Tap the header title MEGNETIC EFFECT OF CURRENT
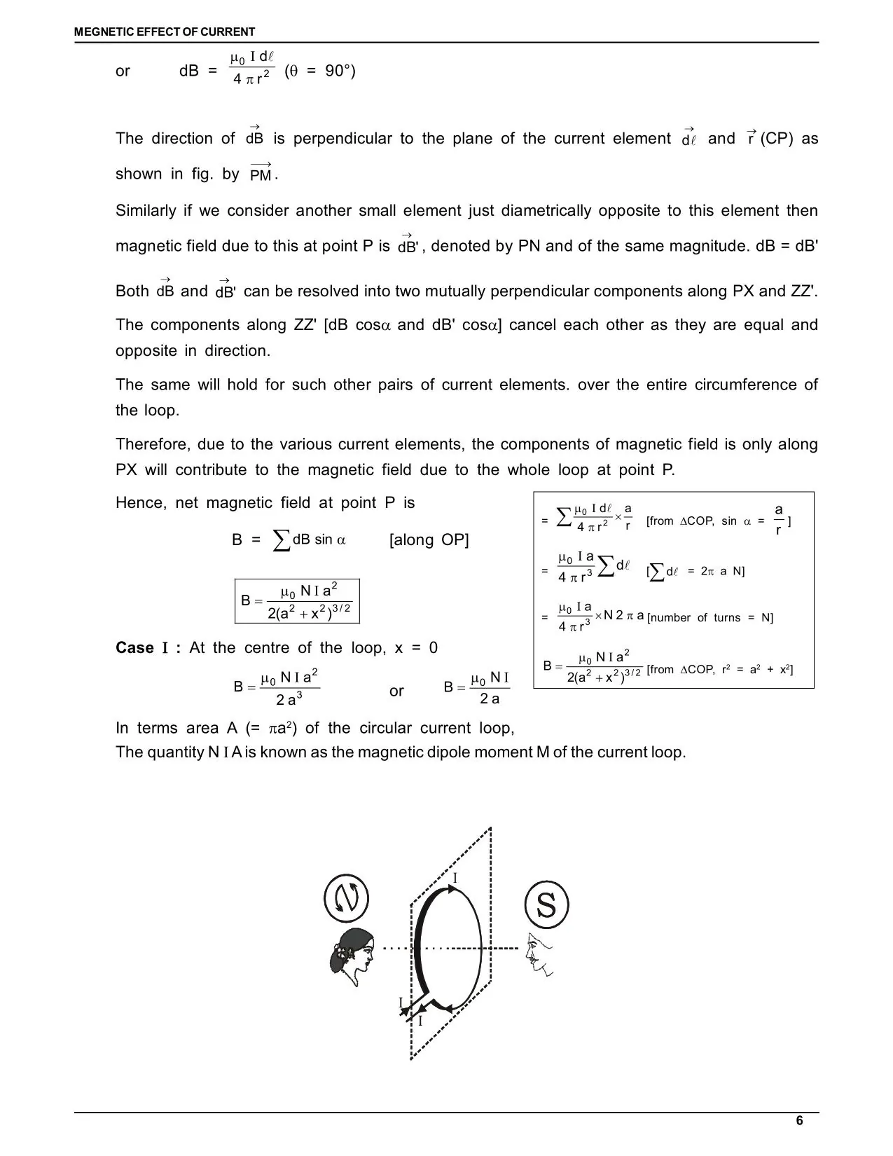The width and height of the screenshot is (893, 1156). pyautogui.click(x=165, y=32)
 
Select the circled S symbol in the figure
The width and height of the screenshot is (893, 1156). pyautogui.click(x=546, y=904)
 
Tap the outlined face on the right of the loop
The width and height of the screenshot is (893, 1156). pyautogui.click(x=539, y=953)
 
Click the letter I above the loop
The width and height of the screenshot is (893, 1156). pyautogui.click(x=455, y=879)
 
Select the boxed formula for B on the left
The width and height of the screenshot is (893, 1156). pyautogui.click(x=297, y=601)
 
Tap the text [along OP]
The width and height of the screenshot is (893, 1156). pyautogui.click(x=429, y=539)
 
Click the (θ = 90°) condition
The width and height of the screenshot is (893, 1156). pyautogui.click(x=320, y=71)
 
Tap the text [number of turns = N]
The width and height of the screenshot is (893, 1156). pyautogui.click(x=710, y=618)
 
